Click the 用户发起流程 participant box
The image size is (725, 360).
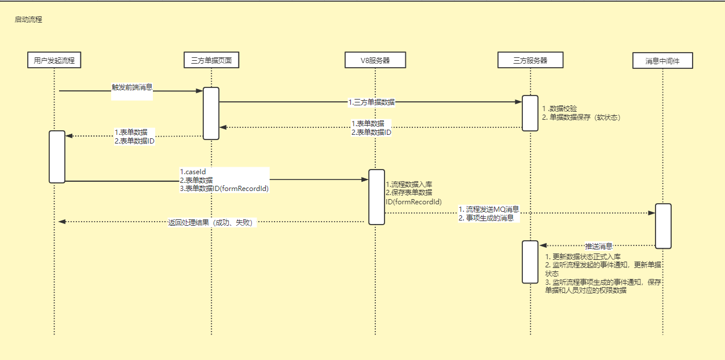(54, 60)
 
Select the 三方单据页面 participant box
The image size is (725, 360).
(211, 60)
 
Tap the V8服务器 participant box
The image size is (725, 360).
(375, 60)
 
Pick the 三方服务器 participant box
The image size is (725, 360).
(530, 60)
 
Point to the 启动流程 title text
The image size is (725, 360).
(28, 20)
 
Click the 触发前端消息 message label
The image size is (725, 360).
(132, 87)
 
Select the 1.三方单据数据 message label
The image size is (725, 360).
(371, 102)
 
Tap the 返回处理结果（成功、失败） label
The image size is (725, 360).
(210, 222)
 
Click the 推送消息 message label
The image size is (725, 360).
(599, 246)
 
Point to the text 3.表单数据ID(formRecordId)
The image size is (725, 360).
(224, 188)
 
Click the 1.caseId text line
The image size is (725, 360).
(193, 172)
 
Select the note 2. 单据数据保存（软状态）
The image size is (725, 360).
(581, 117)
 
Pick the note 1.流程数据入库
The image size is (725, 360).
(409, 184)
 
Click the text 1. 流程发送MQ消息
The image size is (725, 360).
(488, 209)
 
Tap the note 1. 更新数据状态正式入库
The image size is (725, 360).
(583, 256)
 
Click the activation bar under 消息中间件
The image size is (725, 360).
(663, 226)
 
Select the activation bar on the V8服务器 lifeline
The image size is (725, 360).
(376, 197)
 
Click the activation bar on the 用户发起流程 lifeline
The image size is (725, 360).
(57, 156)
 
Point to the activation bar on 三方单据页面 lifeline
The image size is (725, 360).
(211, 113)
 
